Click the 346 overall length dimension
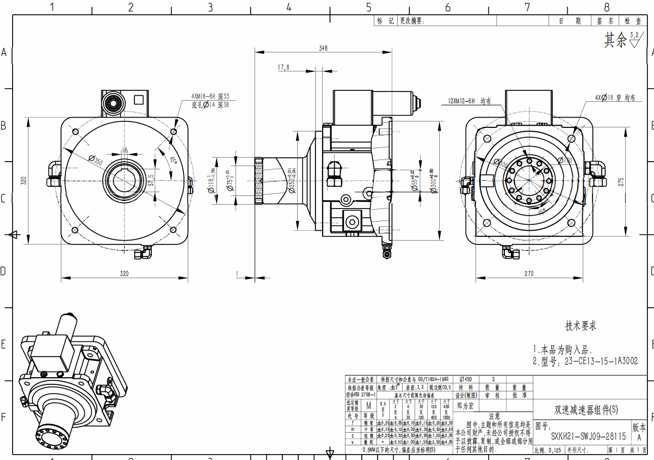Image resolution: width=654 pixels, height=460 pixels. (323, 48)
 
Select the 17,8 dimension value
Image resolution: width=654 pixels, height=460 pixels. (283, 68)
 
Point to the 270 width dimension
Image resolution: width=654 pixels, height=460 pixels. (528, 274)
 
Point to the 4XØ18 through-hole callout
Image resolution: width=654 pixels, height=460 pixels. (615, 98)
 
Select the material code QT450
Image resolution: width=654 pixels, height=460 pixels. (466, 379)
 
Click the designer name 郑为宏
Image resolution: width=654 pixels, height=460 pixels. (465, 406)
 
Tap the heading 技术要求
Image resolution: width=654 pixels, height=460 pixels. (581, 326)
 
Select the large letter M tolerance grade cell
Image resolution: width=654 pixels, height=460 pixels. (368, 406)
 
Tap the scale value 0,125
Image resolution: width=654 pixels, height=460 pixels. (554, 451)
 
